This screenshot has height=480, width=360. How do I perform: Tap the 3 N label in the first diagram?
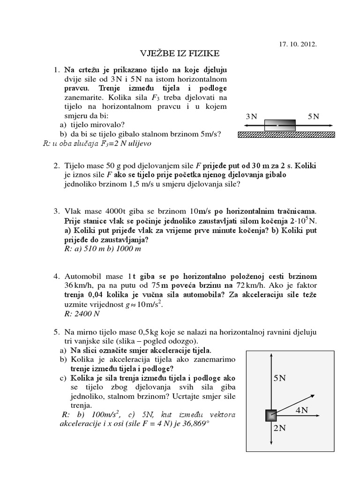pos(251,117)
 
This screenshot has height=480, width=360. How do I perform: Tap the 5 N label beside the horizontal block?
pos(314,117)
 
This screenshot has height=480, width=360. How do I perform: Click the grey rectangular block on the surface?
pos(280,126)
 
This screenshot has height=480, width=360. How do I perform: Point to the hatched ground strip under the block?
pos(286,135)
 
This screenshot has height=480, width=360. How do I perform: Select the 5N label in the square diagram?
pos(279,378)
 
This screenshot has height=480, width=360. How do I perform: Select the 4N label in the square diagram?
pos(301,410)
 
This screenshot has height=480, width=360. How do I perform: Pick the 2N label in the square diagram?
pos(279,427)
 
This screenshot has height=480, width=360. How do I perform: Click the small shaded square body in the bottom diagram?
pos(271,415)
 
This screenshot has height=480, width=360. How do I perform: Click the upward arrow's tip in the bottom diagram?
pos(271,355)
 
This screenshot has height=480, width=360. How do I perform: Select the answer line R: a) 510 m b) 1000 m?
pos(103,248)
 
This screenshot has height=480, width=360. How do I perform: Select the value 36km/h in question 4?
pos(77,285)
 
